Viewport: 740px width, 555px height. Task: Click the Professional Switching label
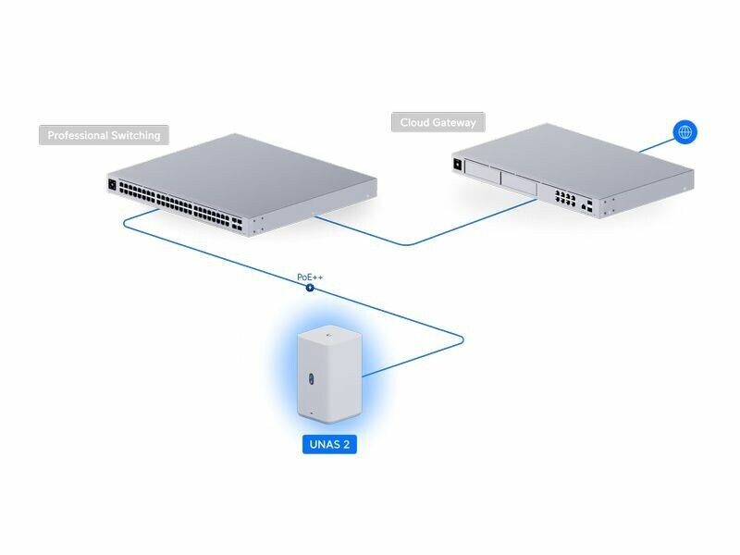(104, 135)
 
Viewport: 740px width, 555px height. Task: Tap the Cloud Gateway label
(438, 122)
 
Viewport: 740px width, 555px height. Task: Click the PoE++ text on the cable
(310, 277)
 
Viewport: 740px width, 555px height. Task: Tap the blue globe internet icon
(684, 132)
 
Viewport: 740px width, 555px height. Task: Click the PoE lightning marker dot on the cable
(310, 288)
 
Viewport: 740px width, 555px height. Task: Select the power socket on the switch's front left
(114, 184)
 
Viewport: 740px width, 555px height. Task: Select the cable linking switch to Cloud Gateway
(407, 242)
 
